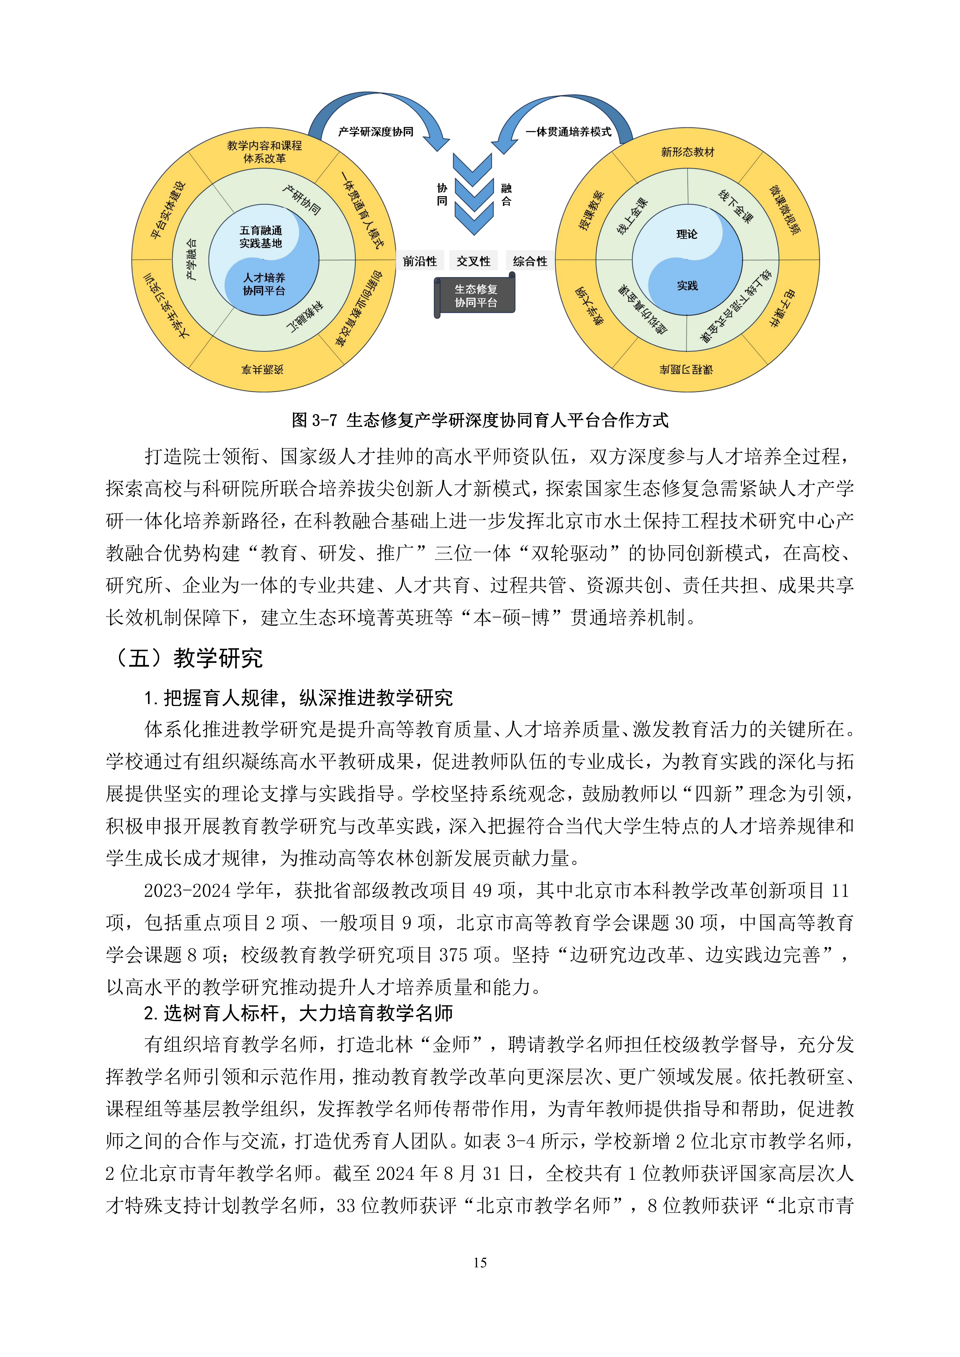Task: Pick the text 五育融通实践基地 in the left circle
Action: pyautogui.click(x=261, y=236)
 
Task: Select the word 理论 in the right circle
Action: pyautogui.click(x=687, y=234)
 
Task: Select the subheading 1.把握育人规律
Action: pyautogui.click(x=298, y=698)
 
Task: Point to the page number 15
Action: pyautogui.click(x=480, y=1263)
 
